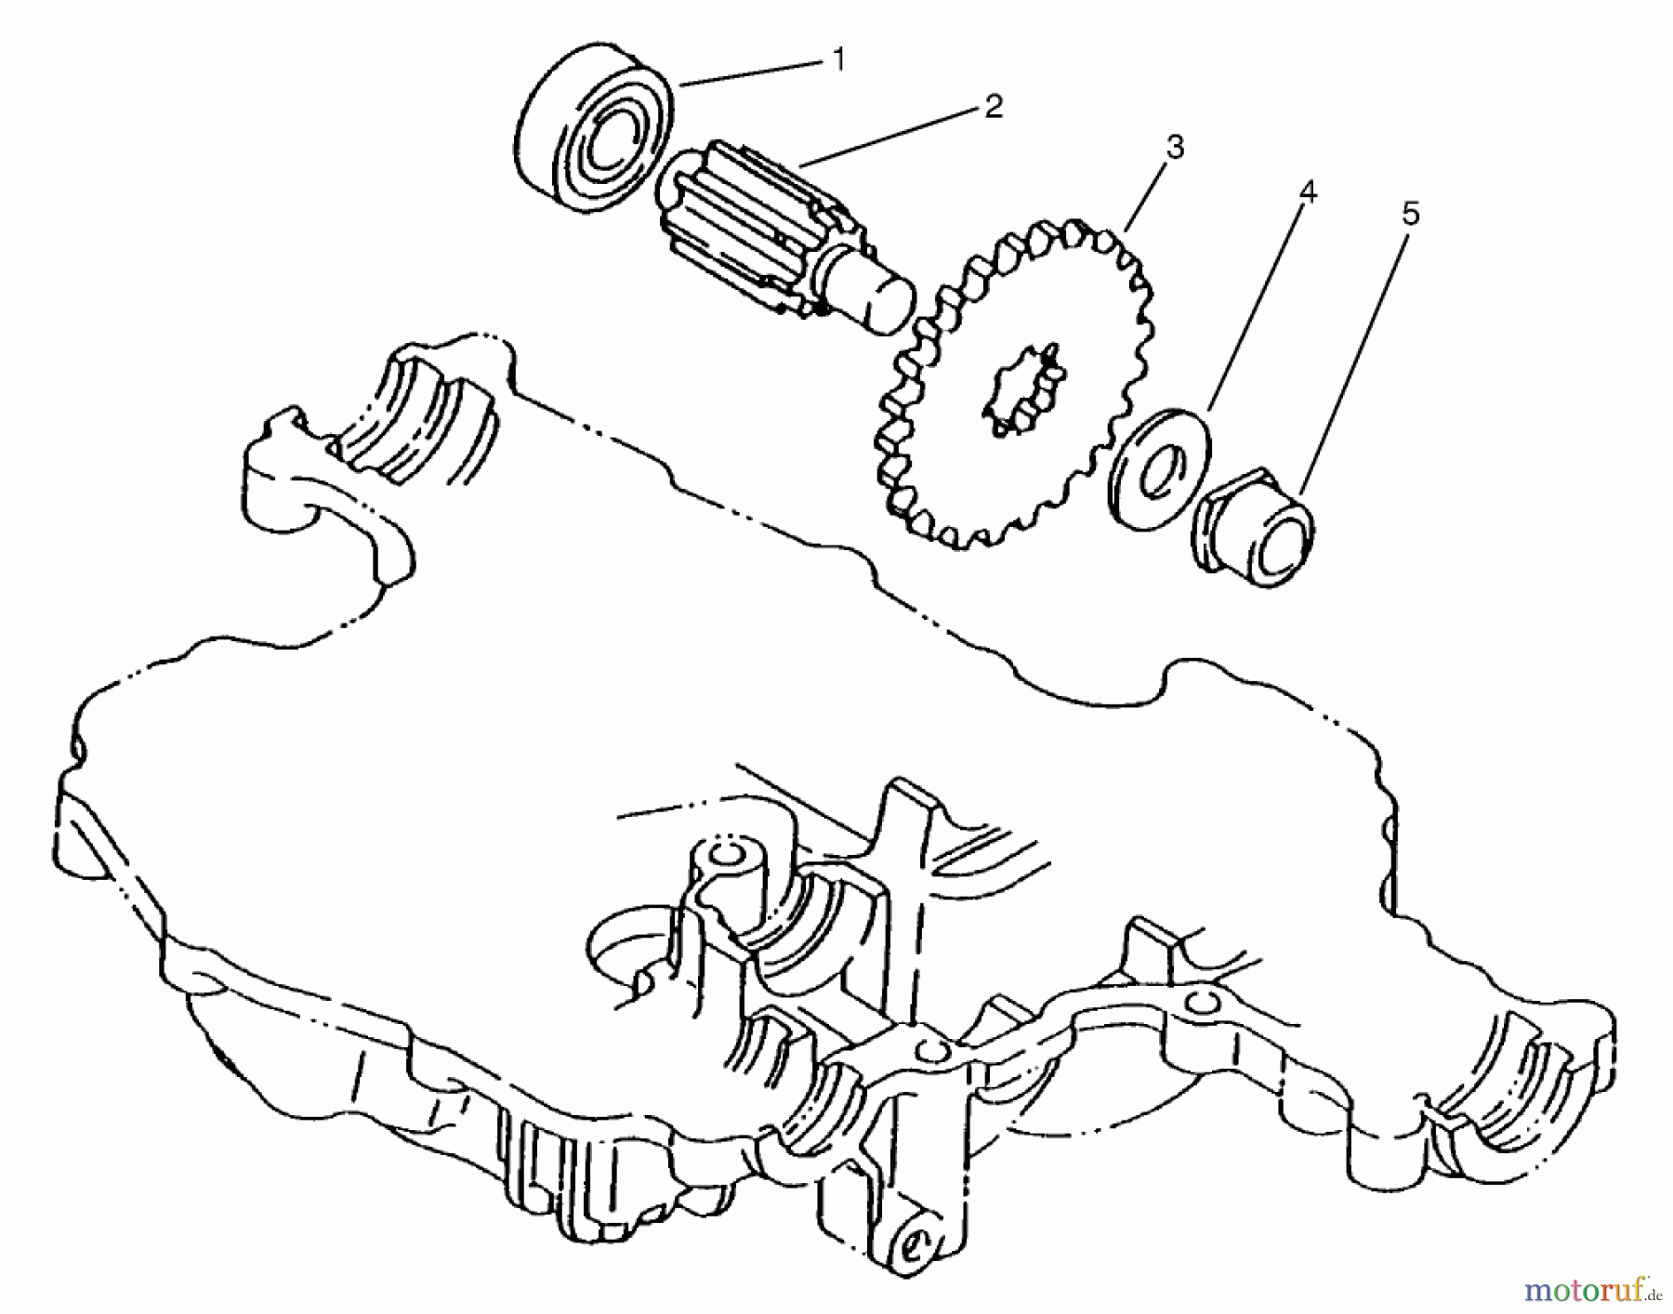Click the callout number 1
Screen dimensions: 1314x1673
(x=838, y=60)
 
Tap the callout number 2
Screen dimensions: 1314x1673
(x=994, y=107)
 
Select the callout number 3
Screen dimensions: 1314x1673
(x=1175, y=147)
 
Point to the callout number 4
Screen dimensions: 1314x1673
(x=1307, y=192)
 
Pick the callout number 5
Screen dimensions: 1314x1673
(x=1410, y=215)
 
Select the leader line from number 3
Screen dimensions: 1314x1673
(x=1147, y=196)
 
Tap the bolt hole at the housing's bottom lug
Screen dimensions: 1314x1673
(x=914, y=1242)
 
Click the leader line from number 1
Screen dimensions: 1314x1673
(x=753, y=72)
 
